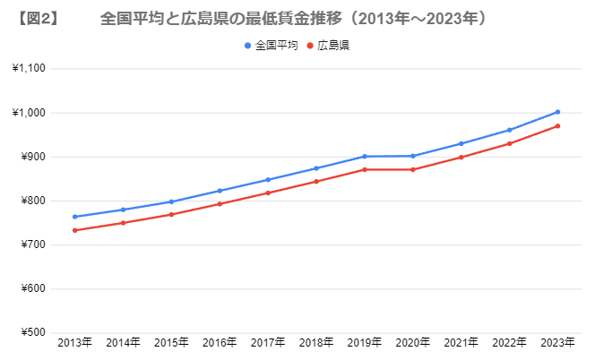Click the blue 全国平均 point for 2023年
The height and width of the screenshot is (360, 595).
557,112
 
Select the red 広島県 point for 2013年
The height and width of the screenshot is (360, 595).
74,230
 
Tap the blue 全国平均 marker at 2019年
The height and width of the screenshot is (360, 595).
365,157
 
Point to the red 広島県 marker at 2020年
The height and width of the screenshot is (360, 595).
412,169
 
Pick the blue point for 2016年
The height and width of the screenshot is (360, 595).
220,191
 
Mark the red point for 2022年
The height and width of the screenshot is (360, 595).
509,143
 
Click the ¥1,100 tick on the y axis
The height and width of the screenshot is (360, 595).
30,69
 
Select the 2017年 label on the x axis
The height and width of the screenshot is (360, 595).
268,343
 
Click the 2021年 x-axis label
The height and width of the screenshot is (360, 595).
461,343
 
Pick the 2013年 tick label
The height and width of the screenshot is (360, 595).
74,343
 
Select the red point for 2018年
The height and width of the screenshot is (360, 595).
316,182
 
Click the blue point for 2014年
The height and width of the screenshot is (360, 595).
123,210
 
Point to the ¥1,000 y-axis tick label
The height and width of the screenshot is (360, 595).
30,113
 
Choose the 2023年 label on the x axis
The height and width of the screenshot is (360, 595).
557,343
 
